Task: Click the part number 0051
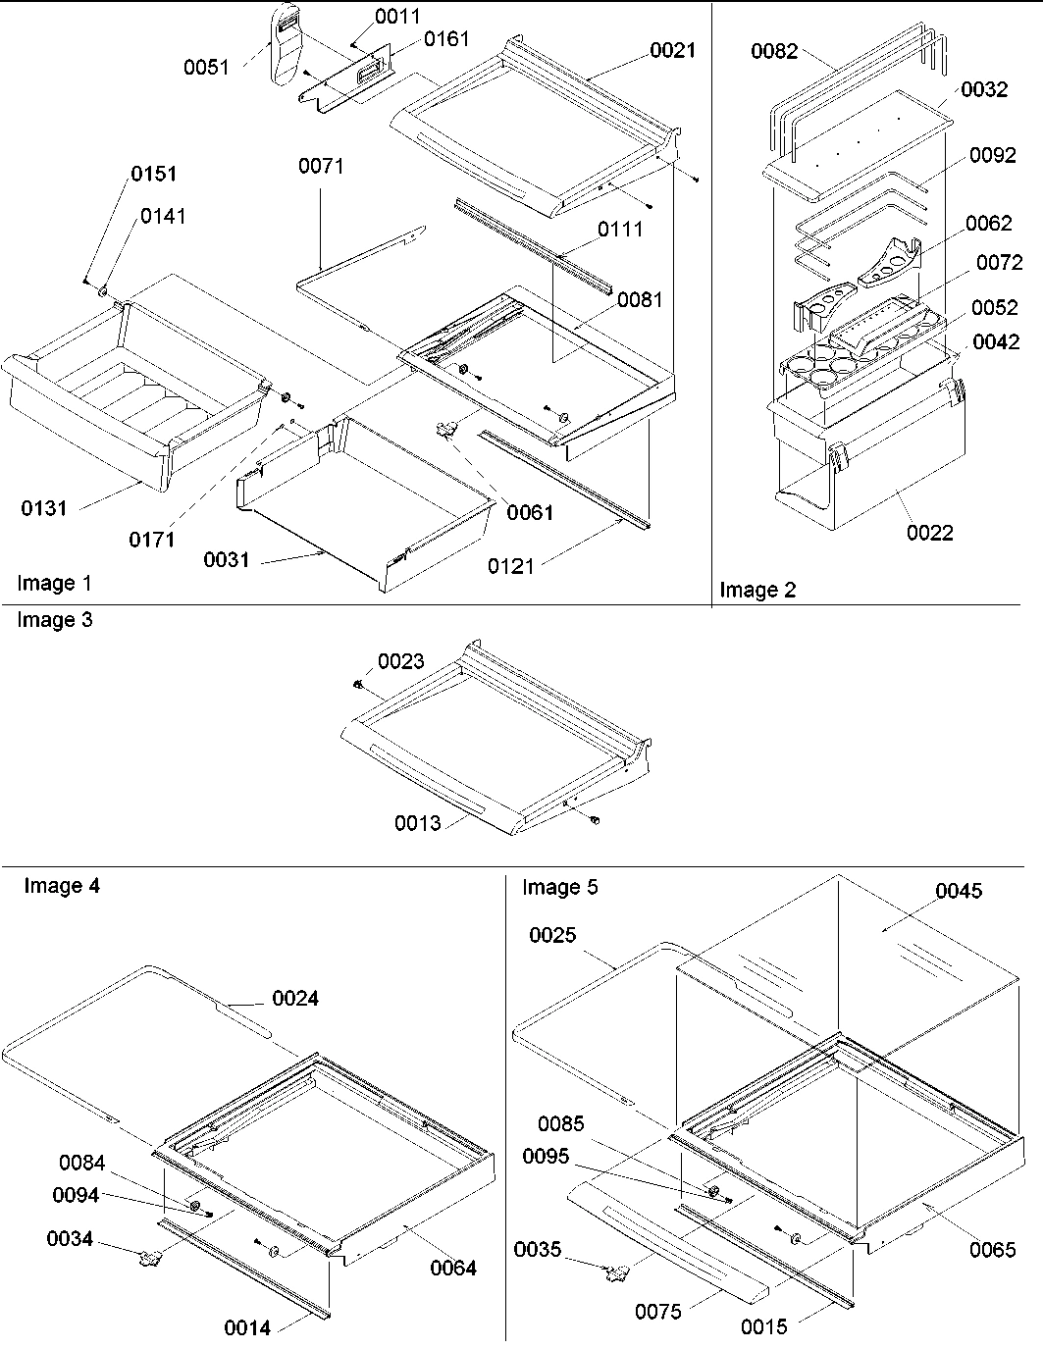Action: pyautogui.click(x=205, y=67)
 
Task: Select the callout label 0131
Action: pyautogui.click(x=45, y=507)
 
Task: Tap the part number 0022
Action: pyautogui.click(x=930, y=533)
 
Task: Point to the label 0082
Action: pyautogui.click(x=775, y=52)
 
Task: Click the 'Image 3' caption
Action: pyautogui.click(x=55, y=620)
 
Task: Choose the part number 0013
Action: pyautogui.click(x=418, y=823)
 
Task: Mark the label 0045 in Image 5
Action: pyautogui.click(x=959, y=891)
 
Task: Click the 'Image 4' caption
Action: pyautogui.click(x=62, y=886)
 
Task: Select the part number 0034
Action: pyautogui.click(x=71, y=1239)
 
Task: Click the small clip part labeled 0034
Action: pyautogui.click(x=149, y=1258)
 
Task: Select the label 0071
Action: pyautogui.click(x=322, y=166)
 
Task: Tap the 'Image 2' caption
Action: pyautogui.click(x=757, y=590)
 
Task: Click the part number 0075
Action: pyautogui.click(x=658, y=1311)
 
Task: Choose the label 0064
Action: pyautogui.click(x=453, y=1268)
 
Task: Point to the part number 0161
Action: pyautogui.click(x=446, y=38)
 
